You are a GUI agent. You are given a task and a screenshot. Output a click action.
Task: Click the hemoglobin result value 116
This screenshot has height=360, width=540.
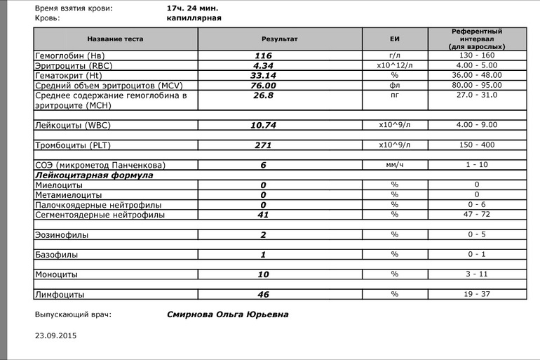point(263,55)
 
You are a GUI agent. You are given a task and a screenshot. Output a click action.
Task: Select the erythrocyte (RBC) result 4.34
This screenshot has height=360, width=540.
point(263,65)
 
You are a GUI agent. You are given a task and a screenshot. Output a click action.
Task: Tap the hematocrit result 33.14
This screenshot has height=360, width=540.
point(263,75)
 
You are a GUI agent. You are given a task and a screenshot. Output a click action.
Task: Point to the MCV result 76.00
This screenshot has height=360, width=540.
point(263,86)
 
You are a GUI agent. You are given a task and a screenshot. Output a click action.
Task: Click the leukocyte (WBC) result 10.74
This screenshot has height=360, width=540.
point(263,126)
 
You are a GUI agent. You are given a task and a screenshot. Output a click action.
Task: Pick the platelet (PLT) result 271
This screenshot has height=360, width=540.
point(263,145)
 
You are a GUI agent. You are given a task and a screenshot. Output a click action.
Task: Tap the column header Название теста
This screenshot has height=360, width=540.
point(115,39)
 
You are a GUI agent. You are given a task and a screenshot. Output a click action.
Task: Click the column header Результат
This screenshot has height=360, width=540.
point(279,39)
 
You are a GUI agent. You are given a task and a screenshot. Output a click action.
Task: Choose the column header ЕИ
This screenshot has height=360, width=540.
point(394,39)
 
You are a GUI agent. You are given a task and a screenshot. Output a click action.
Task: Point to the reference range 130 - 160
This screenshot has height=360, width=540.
point(475,55)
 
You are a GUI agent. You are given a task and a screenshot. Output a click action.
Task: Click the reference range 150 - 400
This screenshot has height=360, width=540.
point(475,145)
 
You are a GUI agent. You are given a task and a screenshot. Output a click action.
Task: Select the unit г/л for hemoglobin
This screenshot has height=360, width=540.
point(394,55)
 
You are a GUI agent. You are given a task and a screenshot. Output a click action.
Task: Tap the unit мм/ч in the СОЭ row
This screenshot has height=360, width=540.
point(394,165)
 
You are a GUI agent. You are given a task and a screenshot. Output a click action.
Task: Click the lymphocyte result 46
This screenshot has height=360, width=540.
point(263,295)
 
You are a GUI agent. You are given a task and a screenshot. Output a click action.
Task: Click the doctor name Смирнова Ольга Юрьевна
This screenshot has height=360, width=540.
point(227,315)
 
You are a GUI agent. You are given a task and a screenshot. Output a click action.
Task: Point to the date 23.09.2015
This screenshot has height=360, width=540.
point(56,335)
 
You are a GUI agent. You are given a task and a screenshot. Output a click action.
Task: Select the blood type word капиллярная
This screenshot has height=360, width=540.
point(194,18)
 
